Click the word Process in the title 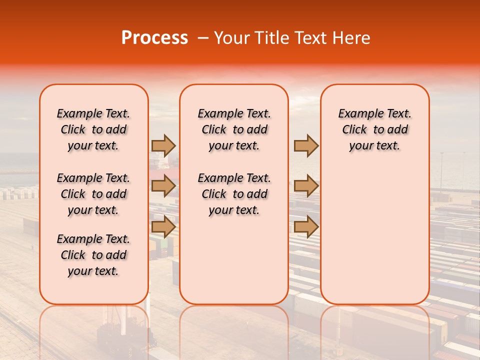(x=154, y=37)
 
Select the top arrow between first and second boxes (x=163, y=145)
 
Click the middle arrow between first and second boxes (x=163, y=186)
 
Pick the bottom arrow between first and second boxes (x=163, y=226)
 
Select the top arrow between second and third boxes (x=306, y=145)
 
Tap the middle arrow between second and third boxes (x=306, y=186)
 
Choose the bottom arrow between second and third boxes (x=306, y=226)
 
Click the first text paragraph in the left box (x=93, y=129)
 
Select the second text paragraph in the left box (x=93, y=194)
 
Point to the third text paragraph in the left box (x=93, y=255)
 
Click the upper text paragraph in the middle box (x=234, y=129)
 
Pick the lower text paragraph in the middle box (x=234, y=194)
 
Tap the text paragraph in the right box (x=374, y=129)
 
